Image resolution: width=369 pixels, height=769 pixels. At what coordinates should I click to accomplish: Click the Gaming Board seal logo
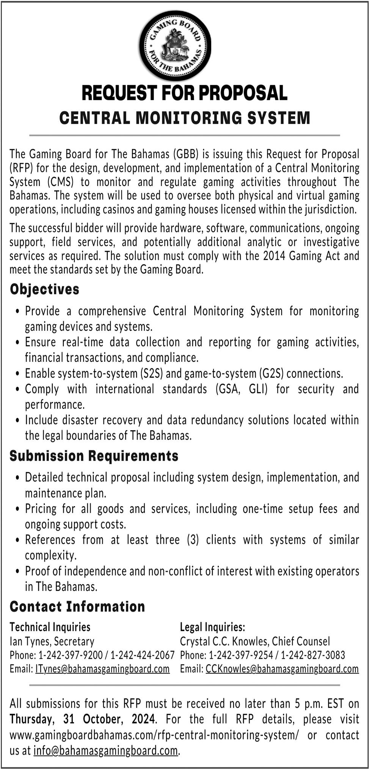click(x=175, y=46)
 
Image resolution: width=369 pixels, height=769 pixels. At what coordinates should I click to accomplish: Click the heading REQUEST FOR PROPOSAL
click(x=184, y=93)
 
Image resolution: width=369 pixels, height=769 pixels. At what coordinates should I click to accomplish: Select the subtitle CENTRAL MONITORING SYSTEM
click(x=184, y=118)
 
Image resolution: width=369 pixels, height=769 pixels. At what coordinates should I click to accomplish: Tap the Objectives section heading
click(x=44, y=289)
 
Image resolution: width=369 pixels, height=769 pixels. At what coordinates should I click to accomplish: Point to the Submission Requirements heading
click(x=94, y=456)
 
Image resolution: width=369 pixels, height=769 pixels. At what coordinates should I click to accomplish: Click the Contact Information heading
click(x=77, y=606)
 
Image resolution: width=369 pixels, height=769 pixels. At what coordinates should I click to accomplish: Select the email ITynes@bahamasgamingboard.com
click(x=102, y=669)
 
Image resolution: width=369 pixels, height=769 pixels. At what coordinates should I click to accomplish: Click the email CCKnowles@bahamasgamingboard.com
click(x=282, y=669)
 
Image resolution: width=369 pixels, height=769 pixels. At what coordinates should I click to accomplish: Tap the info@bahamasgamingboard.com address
click(x=105, y=750)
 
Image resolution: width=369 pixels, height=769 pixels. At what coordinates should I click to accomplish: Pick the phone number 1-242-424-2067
click(x=143, y=655)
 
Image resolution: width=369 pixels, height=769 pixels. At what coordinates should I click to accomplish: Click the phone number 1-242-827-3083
click(x=313, y=655)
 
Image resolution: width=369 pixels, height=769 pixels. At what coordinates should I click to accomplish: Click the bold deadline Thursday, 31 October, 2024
click(x=83, y=719)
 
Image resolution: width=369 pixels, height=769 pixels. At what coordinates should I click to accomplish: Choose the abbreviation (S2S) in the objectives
click(x=151, y=374)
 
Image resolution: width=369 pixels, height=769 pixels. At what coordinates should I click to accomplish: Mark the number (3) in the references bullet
click(x=193, y=539)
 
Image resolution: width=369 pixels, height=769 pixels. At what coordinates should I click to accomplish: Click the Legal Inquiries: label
click(x=212, y=627)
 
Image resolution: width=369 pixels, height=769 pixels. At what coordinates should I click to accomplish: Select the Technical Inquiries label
click(x=50, y=627)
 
